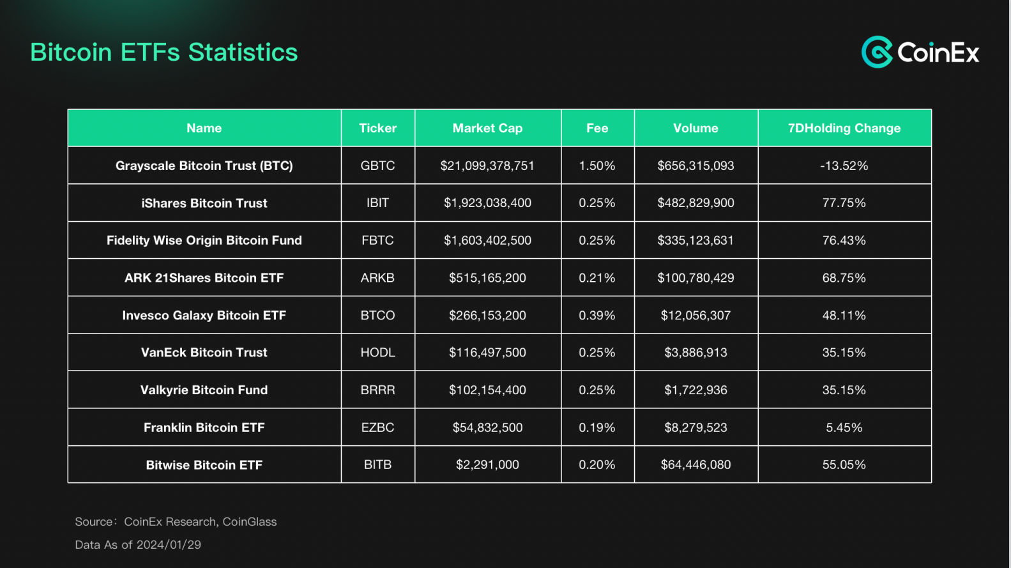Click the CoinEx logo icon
[x=877, y=52]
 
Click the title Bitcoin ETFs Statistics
[x=164, y=52]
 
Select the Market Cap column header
[x=487, y=128]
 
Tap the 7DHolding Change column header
[x=844, y=128]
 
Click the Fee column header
[x=597, y=128]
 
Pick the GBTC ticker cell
[x=377, y=165]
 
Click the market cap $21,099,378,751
[x=487, y=165]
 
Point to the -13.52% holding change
[x=844, y=165]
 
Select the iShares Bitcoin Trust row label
[x=204, y=203]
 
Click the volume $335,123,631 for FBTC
[x=696, y=240]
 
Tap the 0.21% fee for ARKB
[x=597, y=278]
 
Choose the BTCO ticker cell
[x=377, y=315]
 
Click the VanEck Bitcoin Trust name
[x=204, y=353]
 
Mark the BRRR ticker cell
[x=377, y=390]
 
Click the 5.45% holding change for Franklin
[x=844, y=427]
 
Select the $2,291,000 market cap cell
[x=487, y=464]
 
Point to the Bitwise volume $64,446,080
[x=696, y=464]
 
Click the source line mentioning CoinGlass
[x=176, y=522]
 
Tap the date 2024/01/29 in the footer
[x=169, y=545]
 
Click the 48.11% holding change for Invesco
[x=844, y=315]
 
